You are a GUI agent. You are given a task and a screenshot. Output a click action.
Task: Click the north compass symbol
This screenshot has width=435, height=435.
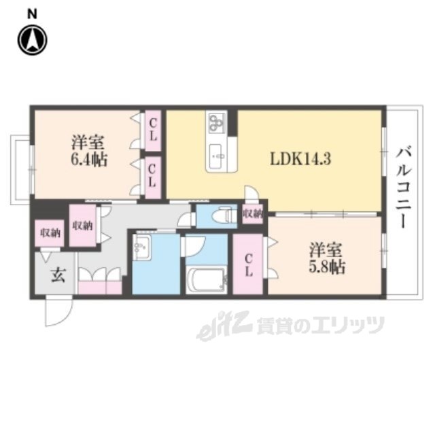click(33, 40)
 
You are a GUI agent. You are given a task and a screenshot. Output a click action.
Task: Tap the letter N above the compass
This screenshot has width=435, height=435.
click(32, 14)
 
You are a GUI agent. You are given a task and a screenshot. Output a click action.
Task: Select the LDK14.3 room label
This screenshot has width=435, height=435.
click(300, 159)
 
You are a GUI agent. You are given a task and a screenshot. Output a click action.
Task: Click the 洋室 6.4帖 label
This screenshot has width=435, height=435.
click(89, 151)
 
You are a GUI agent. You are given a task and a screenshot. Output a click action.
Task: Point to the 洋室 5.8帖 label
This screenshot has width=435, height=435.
click(327, 258)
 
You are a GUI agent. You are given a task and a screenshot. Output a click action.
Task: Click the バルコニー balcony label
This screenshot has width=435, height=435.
click(405, 188)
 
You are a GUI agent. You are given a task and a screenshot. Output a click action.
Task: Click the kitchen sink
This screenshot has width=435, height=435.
click(215, 156)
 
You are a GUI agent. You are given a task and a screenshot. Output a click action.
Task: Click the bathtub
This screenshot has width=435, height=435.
click(205, 281)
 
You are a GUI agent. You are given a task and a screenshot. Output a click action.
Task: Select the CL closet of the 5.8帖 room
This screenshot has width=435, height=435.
click(247, 264)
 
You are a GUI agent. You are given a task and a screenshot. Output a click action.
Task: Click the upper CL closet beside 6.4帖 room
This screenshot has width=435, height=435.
click(153, 130)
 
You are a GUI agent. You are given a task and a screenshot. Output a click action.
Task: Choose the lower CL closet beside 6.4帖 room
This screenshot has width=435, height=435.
click(153, 177)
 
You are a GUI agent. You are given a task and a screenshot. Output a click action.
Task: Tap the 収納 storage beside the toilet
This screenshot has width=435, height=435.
click(252, 213)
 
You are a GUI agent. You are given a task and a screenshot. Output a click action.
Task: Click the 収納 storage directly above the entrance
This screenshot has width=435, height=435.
click(50, 233)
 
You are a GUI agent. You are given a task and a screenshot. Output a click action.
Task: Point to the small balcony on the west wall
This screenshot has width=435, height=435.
click(20, 170)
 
